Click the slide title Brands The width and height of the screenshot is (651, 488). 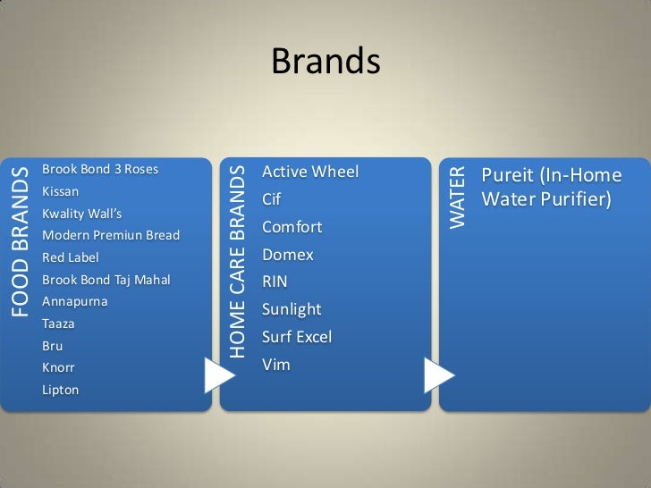click(325, 62)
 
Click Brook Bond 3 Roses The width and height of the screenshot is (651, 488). click(99, 169)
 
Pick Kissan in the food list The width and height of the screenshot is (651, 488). click(60, 191)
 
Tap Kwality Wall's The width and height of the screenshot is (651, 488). click(81, 214)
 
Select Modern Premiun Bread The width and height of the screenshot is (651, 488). click(110, 236)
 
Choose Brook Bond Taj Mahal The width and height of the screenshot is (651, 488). click(106, 280)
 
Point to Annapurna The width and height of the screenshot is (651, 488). click(74, 302)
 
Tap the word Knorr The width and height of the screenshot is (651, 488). click(58, 367)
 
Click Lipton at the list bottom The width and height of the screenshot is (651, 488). click(60, 390)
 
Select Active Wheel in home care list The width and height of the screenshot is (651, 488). click(309, 171)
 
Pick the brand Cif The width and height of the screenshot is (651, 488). click(272, 198)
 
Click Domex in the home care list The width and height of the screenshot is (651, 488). click(287, 255)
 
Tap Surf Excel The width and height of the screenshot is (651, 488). click(296, 337)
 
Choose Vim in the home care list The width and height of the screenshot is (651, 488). click(275, 365)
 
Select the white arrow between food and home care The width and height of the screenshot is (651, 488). click(218, 376)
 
